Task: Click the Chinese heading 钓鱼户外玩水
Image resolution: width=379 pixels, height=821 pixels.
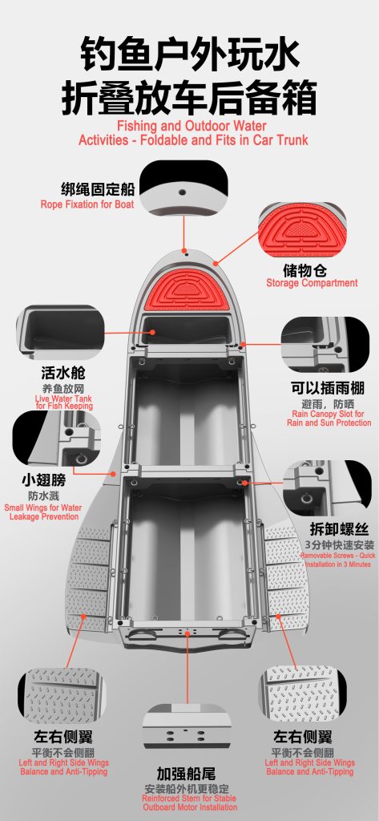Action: coord(189,54)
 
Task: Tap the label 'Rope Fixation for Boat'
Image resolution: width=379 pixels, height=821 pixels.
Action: coord(87,204)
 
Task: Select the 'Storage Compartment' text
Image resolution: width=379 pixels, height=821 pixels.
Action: coord(312,283)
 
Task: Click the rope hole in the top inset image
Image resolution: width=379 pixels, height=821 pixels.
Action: coord(182,192)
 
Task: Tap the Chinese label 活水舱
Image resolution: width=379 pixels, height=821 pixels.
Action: coord(62,374)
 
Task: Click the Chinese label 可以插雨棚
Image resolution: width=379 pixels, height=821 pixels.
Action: coord(328,388)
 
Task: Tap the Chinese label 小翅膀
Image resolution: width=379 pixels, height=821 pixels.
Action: coord(43,480)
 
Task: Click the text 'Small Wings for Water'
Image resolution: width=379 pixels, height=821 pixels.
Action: coord(43,508)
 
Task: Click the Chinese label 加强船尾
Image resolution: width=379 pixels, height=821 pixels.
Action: coord(187,774)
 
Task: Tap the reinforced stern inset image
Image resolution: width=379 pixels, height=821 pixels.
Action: coord(186,726)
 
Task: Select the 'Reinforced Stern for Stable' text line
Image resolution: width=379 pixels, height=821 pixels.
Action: coord(189,799)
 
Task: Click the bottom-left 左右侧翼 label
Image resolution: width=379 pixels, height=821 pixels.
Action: coord(63,738)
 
